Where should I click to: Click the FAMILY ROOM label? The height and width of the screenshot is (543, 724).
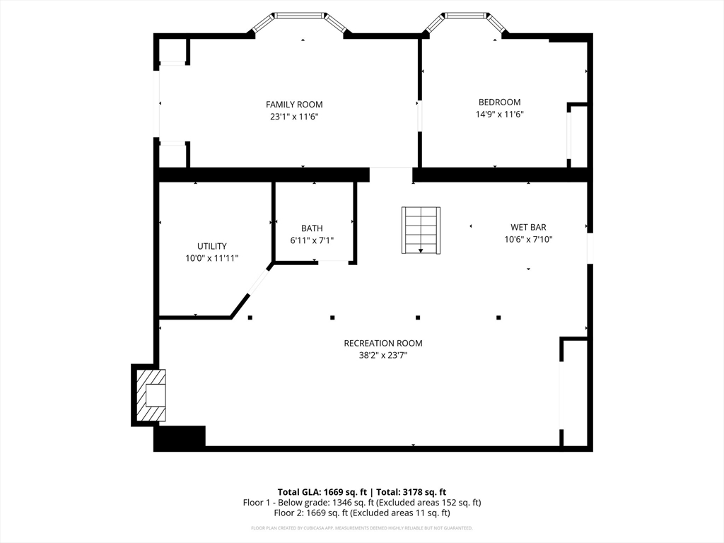(x=294, y=105)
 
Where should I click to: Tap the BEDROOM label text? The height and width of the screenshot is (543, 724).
(x=500, y=103)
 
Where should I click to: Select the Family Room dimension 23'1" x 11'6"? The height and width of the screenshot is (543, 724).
(x=294, y=117)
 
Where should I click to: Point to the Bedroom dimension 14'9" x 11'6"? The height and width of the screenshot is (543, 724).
(x=500, y=115)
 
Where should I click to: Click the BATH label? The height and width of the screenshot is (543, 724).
(x=312, y=228)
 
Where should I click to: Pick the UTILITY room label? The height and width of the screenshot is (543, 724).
(x=212, y=247)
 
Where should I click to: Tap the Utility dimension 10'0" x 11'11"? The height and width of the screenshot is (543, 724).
(x=212, y=259)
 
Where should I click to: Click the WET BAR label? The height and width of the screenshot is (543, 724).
(x=528, y=228)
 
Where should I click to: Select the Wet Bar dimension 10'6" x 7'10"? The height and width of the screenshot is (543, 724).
(x=528, y=240)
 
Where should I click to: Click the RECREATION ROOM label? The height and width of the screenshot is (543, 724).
(x=383, y=344)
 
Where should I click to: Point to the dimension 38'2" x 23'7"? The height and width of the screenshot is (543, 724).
(x=383, y=356)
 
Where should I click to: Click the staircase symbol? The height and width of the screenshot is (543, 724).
(x=421, y=230)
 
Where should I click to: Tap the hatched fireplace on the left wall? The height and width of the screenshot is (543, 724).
(x=151, y=395)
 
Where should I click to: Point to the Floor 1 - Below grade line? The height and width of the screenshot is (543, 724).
(x=362, y=503)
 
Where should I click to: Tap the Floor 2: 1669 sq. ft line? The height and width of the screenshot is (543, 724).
(x=362, y=513)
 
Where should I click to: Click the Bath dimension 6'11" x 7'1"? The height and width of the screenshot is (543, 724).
(x=312, y=240)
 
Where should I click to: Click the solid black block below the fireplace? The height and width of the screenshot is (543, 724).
(x=180, y=437)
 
